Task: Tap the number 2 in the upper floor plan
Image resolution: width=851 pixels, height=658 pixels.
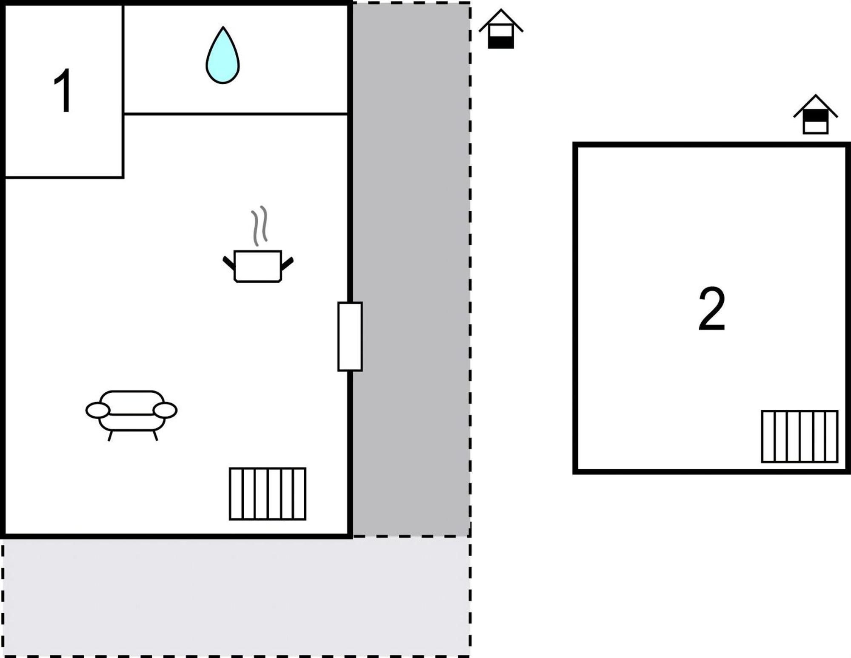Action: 711,309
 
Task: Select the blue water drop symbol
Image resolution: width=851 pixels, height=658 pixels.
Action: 223,55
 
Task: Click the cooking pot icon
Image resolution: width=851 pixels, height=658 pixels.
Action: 258,266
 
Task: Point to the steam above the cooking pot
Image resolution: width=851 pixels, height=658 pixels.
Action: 259,226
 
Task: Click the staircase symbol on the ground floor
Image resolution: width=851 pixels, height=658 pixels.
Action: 268,494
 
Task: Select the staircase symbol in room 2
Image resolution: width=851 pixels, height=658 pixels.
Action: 800,436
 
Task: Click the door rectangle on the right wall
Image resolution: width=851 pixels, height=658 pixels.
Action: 350,336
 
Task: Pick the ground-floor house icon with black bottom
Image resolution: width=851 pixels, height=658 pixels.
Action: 501,29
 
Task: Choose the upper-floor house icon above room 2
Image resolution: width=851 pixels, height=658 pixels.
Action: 815,115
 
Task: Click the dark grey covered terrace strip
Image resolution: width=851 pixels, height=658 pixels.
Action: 411,269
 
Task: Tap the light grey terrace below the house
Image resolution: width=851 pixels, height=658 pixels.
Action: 237,597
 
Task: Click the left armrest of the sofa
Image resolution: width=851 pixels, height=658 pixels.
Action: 98,411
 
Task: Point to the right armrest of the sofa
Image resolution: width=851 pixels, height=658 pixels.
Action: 165,411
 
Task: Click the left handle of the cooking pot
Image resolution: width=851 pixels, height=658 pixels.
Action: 229,263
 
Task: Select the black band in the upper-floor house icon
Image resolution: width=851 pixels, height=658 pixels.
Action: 815,116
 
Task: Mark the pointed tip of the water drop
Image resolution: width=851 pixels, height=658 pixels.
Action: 223,27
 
